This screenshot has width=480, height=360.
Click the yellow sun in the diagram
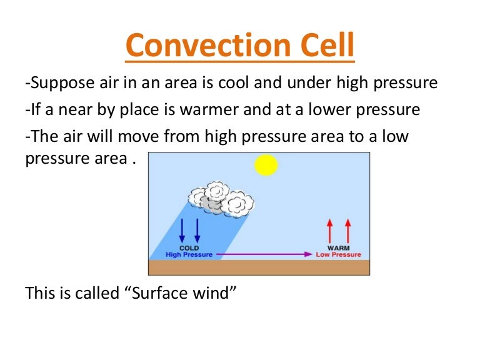[266, 165]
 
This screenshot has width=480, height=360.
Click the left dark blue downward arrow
[182, 231]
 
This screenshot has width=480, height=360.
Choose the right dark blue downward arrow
[197, 231]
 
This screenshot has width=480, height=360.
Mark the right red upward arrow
[347, 231]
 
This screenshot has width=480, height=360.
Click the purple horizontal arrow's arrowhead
[307, 255]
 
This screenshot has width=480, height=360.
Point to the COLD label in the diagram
[189, 248]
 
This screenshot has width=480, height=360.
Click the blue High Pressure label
[189, 255]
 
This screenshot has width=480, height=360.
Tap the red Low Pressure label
[338, 255]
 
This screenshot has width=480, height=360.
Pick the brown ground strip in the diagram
[259, 267]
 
